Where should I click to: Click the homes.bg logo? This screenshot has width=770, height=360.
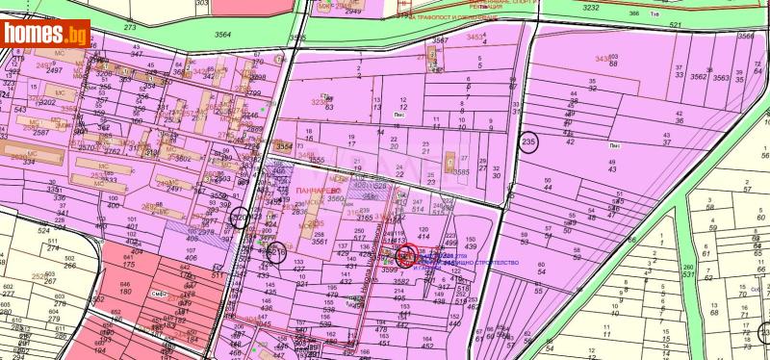click(x=46, y=34)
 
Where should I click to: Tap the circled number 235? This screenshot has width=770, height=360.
click(x=526, y=142)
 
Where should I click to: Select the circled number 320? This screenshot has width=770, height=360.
click(x=240, y=219)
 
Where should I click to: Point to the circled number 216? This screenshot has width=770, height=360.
click(x=276, y=252)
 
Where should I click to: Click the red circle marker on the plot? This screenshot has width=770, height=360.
click(x=406, y=256)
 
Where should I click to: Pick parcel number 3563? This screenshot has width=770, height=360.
click(x=721, y=77)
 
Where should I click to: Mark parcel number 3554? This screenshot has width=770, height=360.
click(x=284, y=146)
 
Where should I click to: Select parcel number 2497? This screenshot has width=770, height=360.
click(x=52, y=70)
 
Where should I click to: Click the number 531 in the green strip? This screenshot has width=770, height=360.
click(x=741, y=275)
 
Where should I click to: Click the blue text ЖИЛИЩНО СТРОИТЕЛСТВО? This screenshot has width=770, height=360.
click(x=481, y=262)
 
